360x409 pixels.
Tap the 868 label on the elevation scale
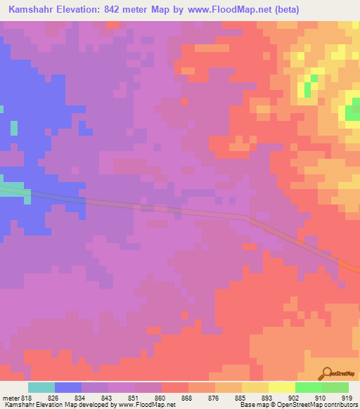187,398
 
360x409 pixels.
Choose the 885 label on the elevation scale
240,398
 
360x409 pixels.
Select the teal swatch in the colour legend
41,387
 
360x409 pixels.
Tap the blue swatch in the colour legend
68,387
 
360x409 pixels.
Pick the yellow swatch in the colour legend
282,387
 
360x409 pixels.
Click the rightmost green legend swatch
335,387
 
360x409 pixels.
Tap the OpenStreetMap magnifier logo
326,373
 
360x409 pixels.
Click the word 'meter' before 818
12,398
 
